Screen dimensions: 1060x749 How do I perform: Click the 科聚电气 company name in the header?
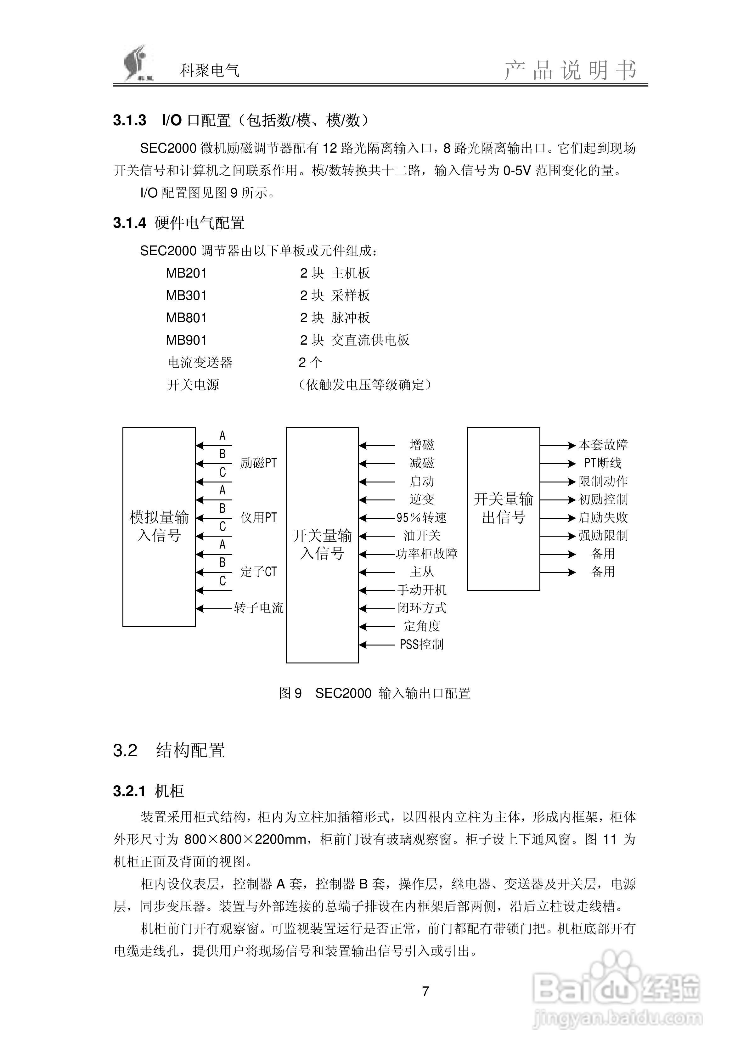(209, 70)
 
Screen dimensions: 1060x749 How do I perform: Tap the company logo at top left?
(137, 64)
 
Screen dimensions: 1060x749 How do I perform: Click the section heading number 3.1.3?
(129, 121)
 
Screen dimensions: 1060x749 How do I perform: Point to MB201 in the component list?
(186, 273)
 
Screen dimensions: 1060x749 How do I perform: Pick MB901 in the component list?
(186, 340)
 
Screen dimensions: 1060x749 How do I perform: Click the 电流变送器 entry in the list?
(200, 363)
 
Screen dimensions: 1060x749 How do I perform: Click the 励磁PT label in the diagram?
(258, 463)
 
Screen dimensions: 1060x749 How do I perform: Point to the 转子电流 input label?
(259, 608)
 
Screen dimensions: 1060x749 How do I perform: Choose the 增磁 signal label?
(422, 445)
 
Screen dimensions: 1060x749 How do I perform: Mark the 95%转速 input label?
(422, 517)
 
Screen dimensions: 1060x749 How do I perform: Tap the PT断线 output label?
(603, 463)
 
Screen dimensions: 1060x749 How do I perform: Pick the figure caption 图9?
(290, 693)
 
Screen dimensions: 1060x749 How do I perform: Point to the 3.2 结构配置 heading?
(169, 750)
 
